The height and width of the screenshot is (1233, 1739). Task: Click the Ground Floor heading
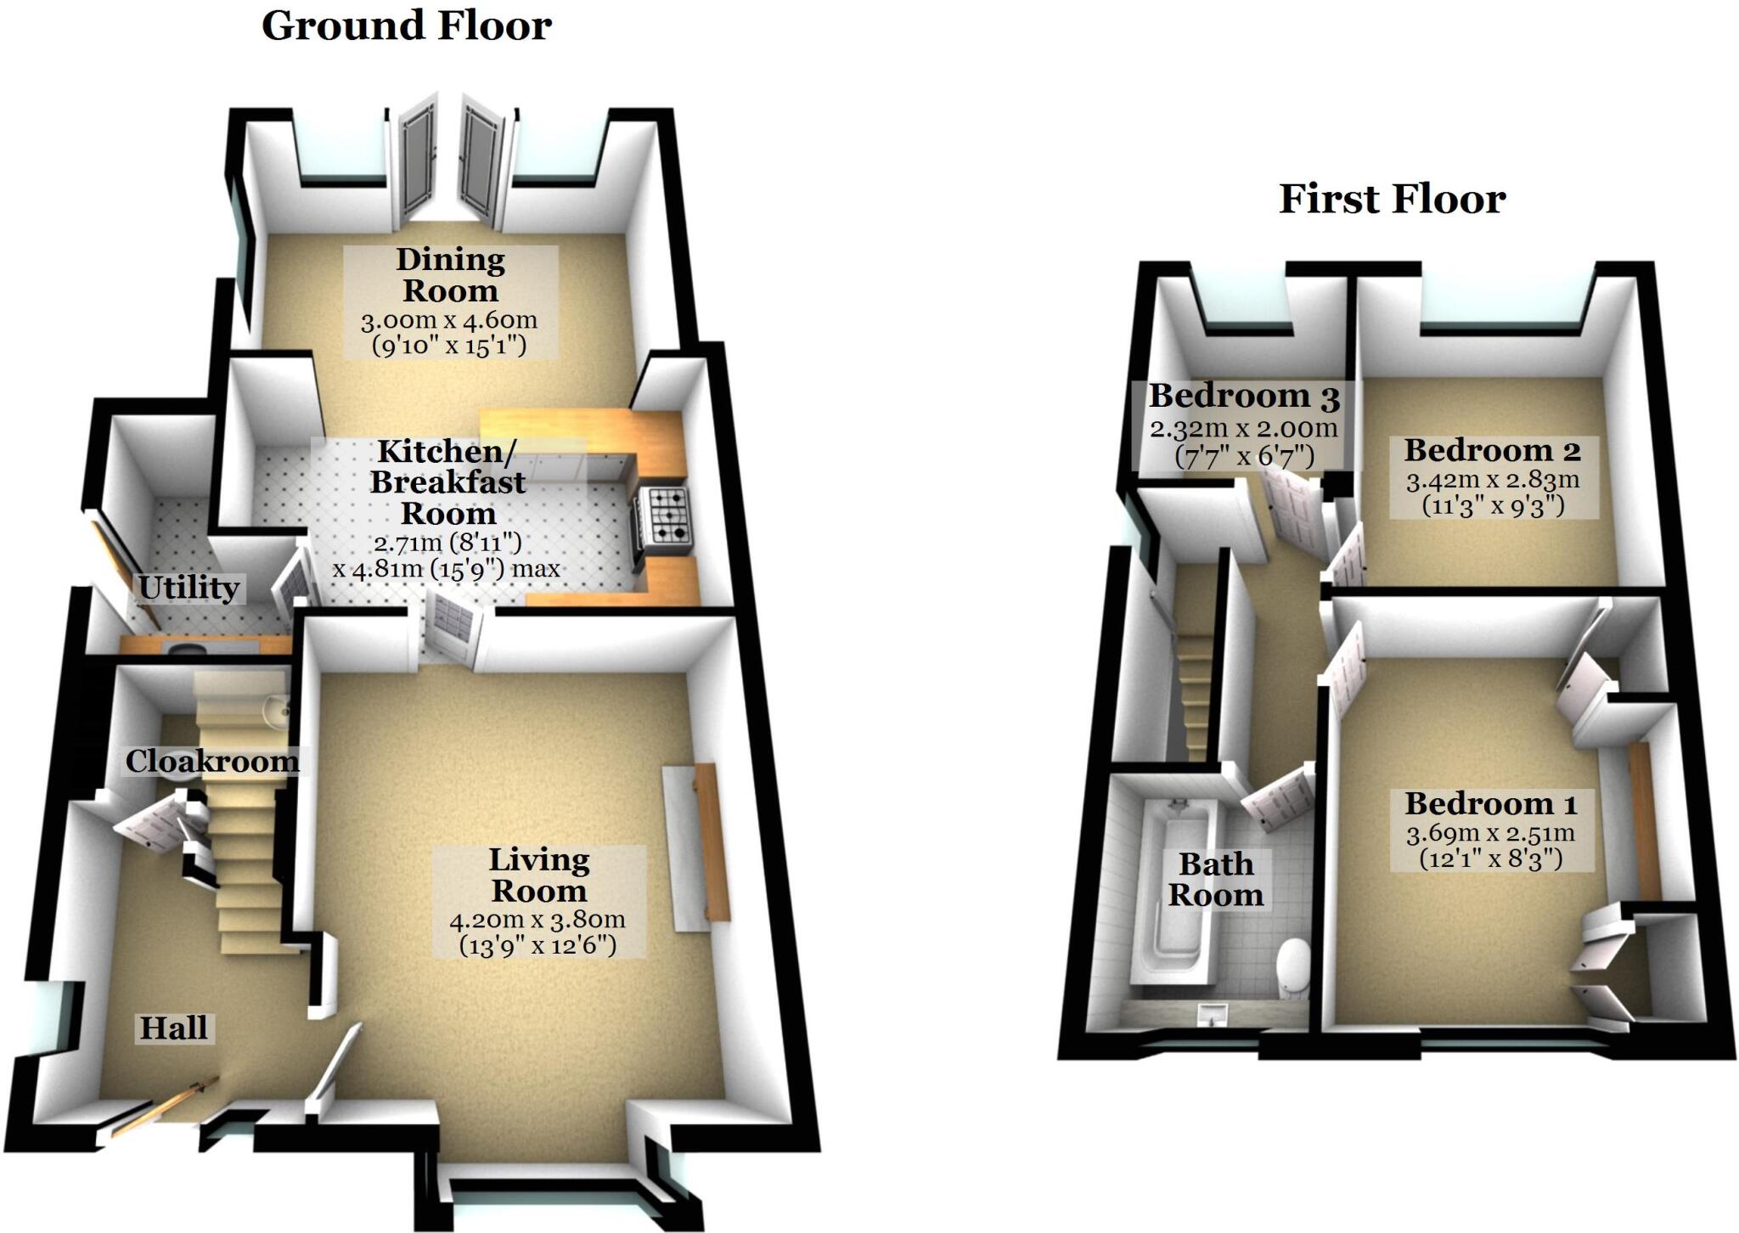tap(406, 25)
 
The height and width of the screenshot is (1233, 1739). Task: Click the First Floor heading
tap(1392, 200)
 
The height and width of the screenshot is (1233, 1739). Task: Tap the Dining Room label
tap(450, 274)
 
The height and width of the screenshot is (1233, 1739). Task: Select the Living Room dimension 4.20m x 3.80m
tap(537, 920)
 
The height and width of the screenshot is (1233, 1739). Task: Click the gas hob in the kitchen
tap(668, 515)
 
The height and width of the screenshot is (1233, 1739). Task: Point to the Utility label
tap(189, 588)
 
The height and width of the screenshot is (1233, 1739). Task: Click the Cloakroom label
tap(212, 762)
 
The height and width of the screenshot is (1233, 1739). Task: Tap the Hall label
tap(174, 1028)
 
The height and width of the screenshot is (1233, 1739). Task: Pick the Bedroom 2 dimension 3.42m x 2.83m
tap(1493, 481)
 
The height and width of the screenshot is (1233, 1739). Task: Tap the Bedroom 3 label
tap(1244, 396)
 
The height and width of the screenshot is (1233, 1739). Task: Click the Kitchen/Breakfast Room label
tap(447, 482)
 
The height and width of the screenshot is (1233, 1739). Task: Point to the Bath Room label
tap(1216, 880)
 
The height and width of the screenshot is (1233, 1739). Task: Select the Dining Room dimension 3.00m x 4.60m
tap(449, 321)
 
